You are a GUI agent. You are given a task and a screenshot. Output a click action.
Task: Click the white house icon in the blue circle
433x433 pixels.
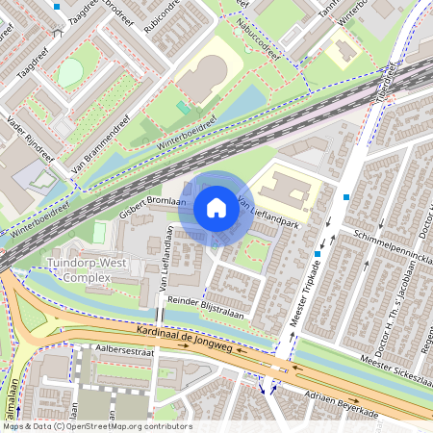point(216,208)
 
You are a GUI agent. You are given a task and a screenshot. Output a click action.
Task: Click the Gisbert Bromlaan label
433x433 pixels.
point(152,206)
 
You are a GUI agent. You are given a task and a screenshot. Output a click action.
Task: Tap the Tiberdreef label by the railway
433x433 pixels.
point(389,83)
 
